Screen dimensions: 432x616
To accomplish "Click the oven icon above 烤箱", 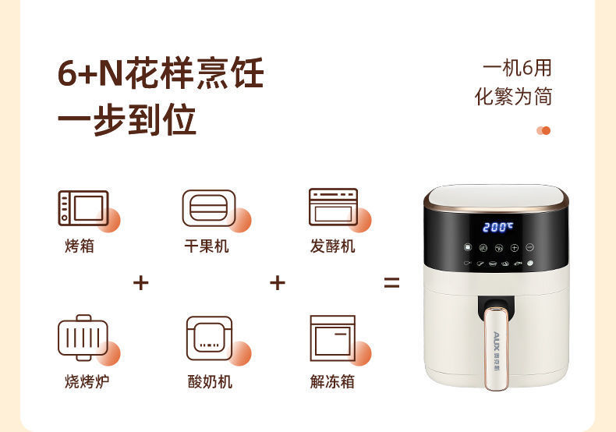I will [83, 207].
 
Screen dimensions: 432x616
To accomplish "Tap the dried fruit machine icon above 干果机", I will [208, 207].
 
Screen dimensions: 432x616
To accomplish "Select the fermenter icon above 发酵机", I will [333, 207].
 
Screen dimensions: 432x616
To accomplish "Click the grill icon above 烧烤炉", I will [83, 337].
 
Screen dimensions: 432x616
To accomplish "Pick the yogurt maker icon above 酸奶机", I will [208, 337].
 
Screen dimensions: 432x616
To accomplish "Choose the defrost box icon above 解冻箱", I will [332, 337].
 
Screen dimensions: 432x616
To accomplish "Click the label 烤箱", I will [81, 246].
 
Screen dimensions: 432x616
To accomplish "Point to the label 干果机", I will [207, 246].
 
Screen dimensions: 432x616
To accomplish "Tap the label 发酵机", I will [332, 246].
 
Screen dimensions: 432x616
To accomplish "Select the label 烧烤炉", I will [81, 381].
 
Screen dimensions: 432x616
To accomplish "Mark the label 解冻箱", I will [332, 381].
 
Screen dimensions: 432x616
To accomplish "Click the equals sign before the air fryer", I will [391, 283].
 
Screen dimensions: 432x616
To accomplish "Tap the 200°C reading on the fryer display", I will [497, 227].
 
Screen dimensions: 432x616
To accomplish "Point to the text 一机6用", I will [517, 68].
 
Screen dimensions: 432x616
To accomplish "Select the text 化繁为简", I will [514, 97].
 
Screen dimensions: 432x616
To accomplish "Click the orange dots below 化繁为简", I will [543, 130].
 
